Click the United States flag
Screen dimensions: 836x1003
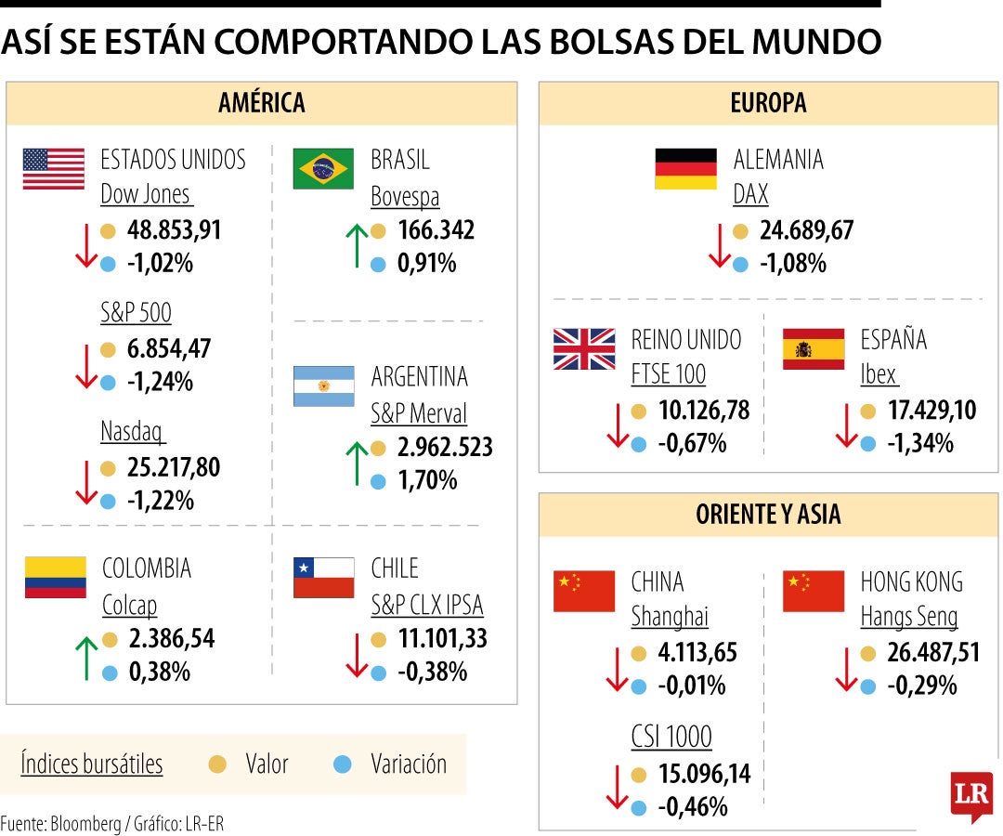[53, 169]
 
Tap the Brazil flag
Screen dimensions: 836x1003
[323, 169]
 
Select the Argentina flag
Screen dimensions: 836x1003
[324, 385]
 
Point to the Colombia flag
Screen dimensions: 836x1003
[55, 577]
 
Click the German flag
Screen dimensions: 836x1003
[685, 169]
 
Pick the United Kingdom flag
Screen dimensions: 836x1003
[584, 349]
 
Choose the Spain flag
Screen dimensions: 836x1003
[814, 349]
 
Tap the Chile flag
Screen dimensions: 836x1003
[324, 577]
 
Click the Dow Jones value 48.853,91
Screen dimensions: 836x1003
[175, 230]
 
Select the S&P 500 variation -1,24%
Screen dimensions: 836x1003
[160, 382]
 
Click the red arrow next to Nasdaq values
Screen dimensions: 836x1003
[86, 483]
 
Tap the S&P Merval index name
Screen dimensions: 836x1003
[419, 413]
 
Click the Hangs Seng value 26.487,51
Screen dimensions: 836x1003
[919, 653]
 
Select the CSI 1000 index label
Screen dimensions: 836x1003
[671, 738]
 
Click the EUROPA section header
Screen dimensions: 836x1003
[768, 102]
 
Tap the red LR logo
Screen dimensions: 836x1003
[971, 796]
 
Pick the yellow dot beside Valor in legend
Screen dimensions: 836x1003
[218, 764]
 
